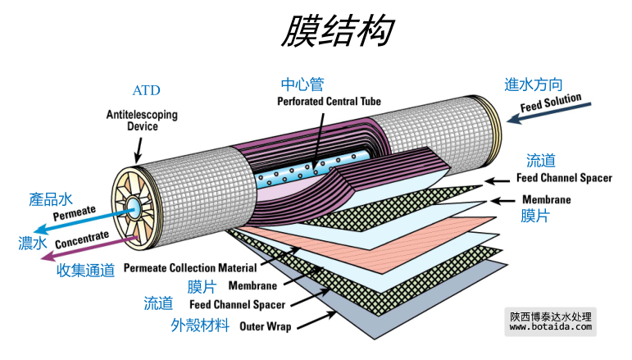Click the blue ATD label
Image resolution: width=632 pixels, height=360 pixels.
(146, 90)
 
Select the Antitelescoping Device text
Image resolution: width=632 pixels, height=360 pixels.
(142, 121)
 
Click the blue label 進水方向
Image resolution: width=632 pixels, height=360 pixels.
(533, 84)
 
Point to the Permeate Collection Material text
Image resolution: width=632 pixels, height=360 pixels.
(190, 267)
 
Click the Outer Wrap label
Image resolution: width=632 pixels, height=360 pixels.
(265, 326)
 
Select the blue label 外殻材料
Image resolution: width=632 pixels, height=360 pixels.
(200, 325)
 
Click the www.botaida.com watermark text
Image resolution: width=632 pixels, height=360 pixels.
(550, 326)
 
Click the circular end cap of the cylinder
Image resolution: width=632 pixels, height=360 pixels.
(134, 205)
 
